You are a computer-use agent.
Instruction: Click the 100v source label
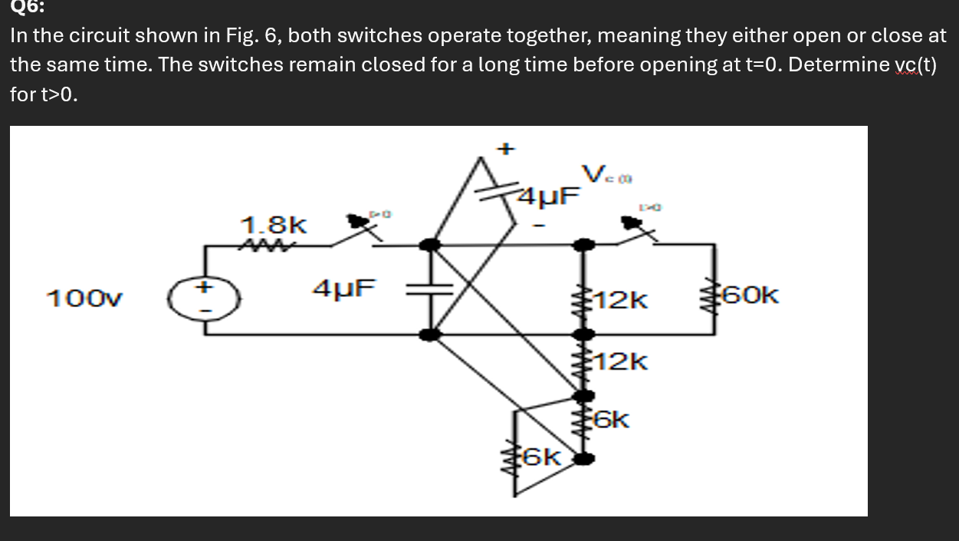tap(84, 298)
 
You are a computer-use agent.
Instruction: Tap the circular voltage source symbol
tap(205, 299)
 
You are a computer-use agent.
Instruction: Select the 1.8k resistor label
tap(274, 226)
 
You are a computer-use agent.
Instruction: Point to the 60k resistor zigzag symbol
tap(716, 295)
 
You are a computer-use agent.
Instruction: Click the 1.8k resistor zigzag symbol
tap(261, 246)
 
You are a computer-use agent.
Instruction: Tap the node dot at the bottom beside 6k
tap(584, 459)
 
